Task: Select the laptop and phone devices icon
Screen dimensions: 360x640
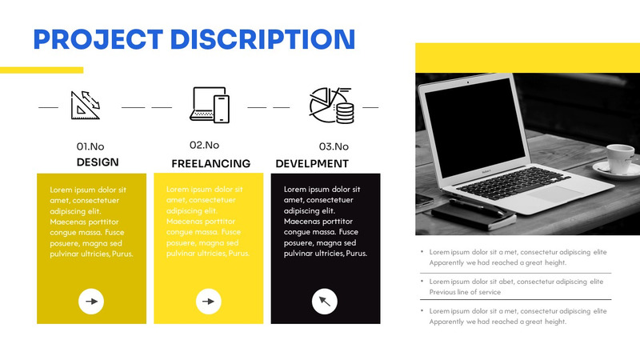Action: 210,104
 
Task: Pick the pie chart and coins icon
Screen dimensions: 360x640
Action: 332,104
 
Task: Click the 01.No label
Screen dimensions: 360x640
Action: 90,146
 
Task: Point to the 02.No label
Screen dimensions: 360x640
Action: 204,145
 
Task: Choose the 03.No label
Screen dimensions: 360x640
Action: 334,146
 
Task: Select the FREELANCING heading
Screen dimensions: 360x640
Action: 210,163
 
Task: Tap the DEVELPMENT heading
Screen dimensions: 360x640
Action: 312,163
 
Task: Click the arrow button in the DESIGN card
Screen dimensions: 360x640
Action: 91,302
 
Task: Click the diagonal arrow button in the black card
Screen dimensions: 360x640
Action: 324,302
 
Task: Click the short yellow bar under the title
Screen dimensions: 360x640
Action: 42,70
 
